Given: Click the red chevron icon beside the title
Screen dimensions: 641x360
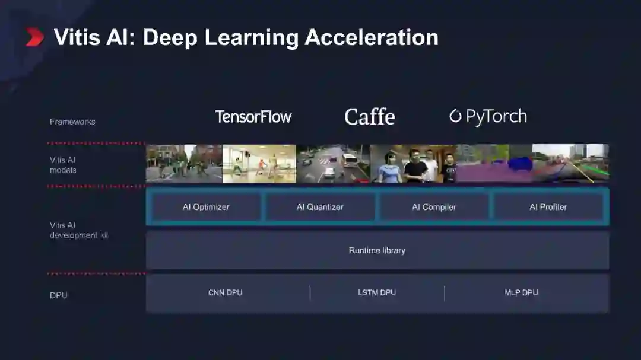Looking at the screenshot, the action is tap(34, 37).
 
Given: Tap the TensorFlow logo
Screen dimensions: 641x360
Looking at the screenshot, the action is tap(253, 117).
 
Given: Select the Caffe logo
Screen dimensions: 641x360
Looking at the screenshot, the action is tap(369, 117).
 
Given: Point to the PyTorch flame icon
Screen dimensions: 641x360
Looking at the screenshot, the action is tap(455, 116).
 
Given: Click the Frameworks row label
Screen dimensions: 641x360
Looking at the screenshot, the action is tap(72, 122).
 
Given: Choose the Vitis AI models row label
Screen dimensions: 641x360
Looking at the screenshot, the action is tap(63, 165).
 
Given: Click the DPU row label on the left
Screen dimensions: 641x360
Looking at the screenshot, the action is tap(59, 295).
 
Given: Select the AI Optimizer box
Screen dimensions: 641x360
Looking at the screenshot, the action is tap(205, 207).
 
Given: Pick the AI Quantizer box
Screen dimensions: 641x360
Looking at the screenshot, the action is tap(320, 207).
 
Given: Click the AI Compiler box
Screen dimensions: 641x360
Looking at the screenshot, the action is tap(434, 207).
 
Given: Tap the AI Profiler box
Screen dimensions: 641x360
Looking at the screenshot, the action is tap(548, 207).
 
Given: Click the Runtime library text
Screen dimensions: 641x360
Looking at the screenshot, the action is tap(377, 250).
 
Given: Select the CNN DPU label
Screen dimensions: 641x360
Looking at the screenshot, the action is tap(225, 292).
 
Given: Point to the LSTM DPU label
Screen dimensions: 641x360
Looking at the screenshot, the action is tap(377, 292).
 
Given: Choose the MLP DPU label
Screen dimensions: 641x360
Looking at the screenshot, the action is tap(521, 292).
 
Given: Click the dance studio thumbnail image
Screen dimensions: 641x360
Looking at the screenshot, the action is tap(259, 164).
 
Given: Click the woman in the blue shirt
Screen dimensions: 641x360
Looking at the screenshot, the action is tap(389, 168).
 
